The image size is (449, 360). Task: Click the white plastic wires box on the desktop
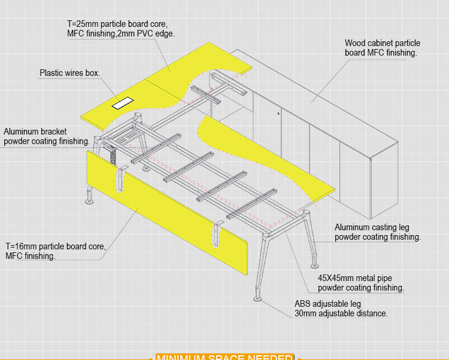click(x=122, y=103)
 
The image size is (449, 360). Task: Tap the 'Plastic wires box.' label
click(x=69, y=74)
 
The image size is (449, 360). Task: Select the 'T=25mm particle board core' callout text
click(x=117, y=24)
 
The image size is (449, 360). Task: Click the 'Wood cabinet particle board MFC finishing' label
click(x=382, y=48)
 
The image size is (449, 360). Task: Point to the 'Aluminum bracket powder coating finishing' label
click(x=47, y=136)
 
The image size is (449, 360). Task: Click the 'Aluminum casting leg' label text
click(x=371, y=227)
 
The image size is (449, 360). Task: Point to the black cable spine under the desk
click(x=111, y=155)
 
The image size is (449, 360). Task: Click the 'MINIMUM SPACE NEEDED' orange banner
click(x=224, y=356)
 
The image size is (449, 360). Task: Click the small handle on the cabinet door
click(x=279, y=112)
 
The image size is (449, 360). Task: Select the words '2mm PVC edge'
click(x=148, y=34)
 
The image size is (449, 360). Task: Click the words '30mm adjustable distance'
click(x=341, y=313)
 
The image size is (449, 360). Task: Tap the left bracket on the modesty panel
click(x=122, y=180)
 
